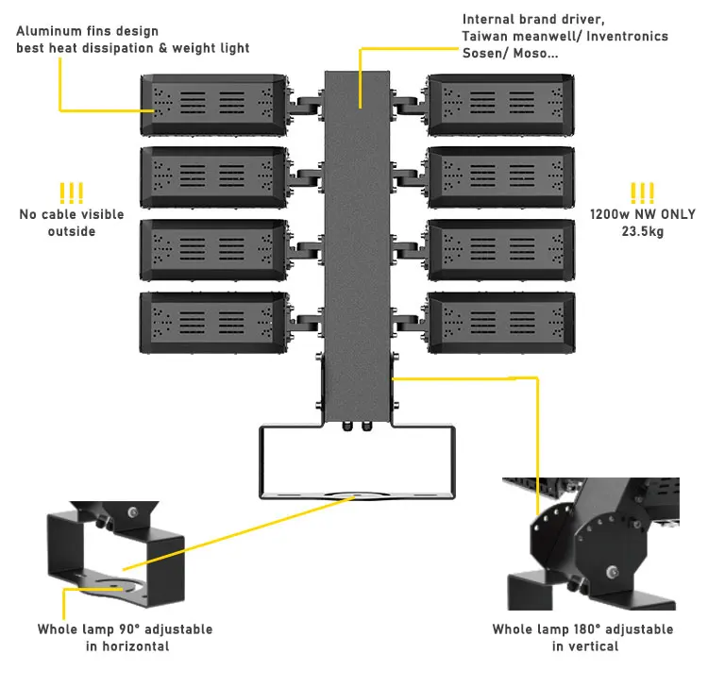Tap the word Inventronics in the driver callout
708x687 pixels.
pos(627,36)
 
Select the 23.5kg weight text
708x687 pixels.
pos(643,231)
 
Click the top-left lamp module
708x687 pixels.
pos(214,105)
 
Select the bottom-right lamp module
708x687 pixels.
pos(501,323)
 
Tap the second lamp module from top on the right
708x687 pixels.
pos(501,177)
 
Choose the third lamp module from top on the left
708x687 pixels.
pos(214,250)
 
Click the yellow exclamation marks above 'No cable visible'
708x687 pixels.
pos(72,193)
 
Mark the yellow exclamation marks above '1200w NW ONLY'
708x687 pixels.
pos(642,193)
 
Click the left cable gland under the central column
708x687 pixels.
pos(347,427)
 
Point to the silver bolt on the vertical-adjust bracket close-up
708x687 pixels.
pos(613,573)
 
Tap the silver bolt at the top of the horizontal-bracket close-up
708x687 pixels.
pos(132,512)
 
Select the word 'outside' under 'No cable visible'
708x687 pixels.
pos(72,231)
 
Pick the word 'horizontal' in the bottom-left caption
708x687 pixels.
pos(136,646)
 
